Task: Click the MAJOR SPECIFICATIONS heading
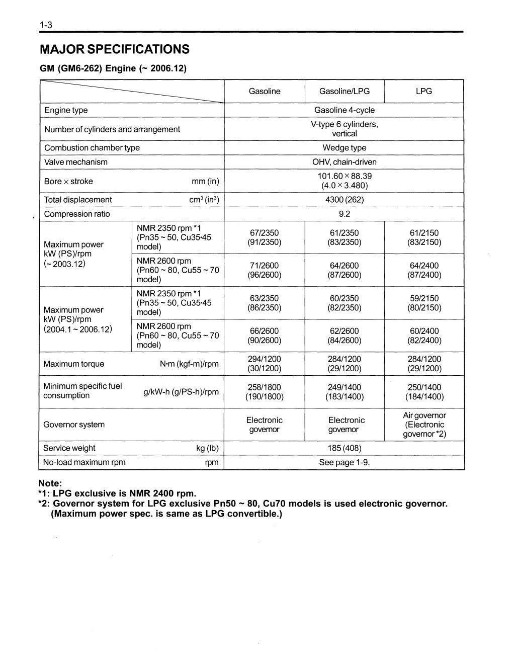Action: click(115, 49)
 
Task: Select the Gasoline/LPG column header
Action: click(344, 91)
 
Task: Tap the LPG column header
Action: click(423, 91)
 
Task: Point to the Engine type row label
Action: click(66, 110)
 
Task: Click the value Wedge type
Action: click(344, 148)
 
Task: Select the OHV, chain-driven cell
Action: click(344, 162)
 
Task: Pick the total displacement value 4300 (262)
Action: click(344, 200)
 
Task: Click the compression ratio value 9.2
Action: click(344, 214)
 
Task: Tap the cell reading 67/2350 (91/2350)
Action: click(264, 237)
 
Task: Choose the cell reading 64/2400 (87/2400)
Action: click(424, 270)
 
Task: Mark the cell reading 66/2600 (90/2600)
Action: click(264, 336)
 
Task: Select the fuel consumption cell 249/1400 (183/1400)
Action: click(344, 392)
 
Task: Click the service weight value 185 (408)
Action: click(344, 448)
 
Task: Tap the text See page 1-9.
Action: click(344, 462)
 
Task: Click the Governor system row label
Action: click(74, 425)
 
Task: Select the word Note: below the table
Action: click(50, 483)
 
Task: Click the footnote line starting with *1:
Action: click(117, 493)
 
